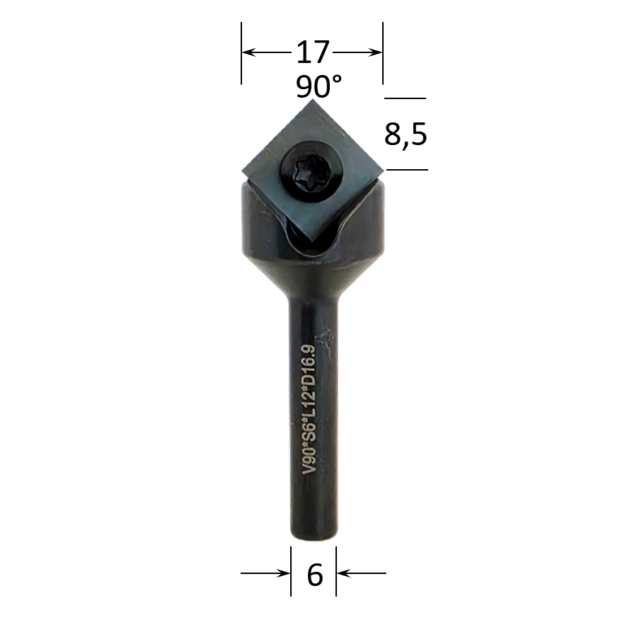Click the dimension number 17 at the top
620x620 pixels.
pos(313,52)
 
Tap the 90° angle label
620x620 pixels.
pos(318,87)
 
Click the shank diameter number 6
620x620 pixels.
pos(315,575)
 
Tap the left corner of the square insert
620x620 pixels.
pos(242,171)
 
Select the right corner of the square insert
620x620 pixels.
pos(383,171)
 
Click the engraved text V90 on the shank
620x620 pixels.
pos(309,459)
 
